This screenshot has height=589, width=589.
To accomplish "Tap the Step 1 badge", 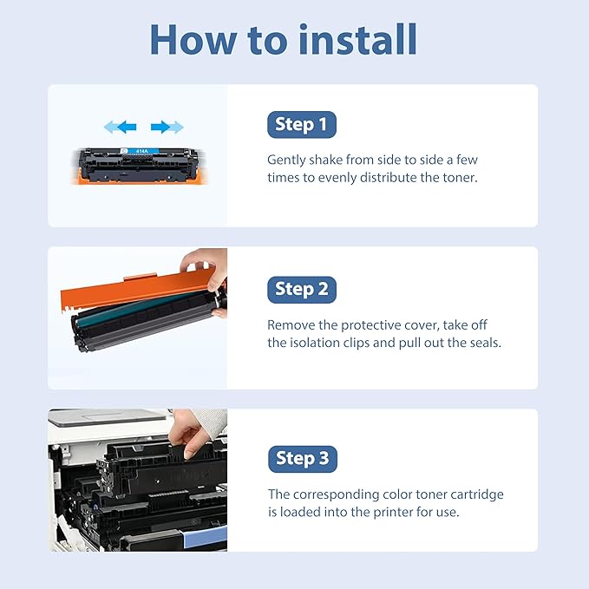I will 301,125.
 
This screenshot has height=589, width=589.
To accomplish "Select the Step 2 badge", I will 301,289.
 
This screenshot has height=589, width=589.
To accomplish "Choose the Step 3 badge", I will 301,458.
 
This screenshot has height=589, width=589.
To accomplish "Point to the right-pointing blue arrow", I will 167,128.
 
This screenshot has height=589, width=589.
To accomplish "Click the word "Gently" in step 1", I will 288,160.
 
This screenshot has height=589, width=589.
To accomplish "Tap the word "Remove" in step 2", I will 291,325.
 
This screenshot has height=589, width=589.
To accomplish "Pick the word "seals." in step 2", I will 482,343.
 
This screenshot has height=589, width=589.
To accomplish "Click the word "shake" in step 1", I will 332,160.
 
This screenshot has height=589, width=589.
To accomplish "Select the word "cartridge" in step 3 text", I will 475,494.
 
